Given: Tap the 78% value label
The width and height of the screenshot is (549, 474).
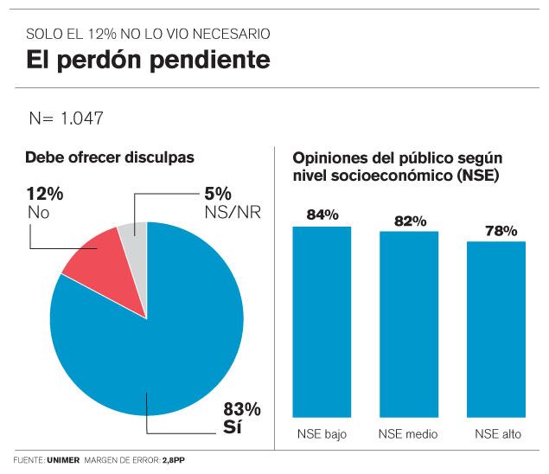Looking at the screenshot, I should click(501, 230).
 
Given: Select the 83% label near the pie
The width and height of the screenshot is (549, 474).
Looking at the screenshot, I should click(242, 409).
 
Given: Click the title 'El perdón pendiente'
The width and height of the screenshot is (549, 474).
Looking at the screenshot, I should click(147, 61).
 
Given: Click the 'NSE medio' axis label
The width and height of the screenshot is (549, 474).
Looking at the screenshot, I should click(409, 433).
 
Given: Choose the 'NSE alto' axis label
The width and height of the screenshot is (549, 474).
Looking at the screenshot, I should click(498, 433).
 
